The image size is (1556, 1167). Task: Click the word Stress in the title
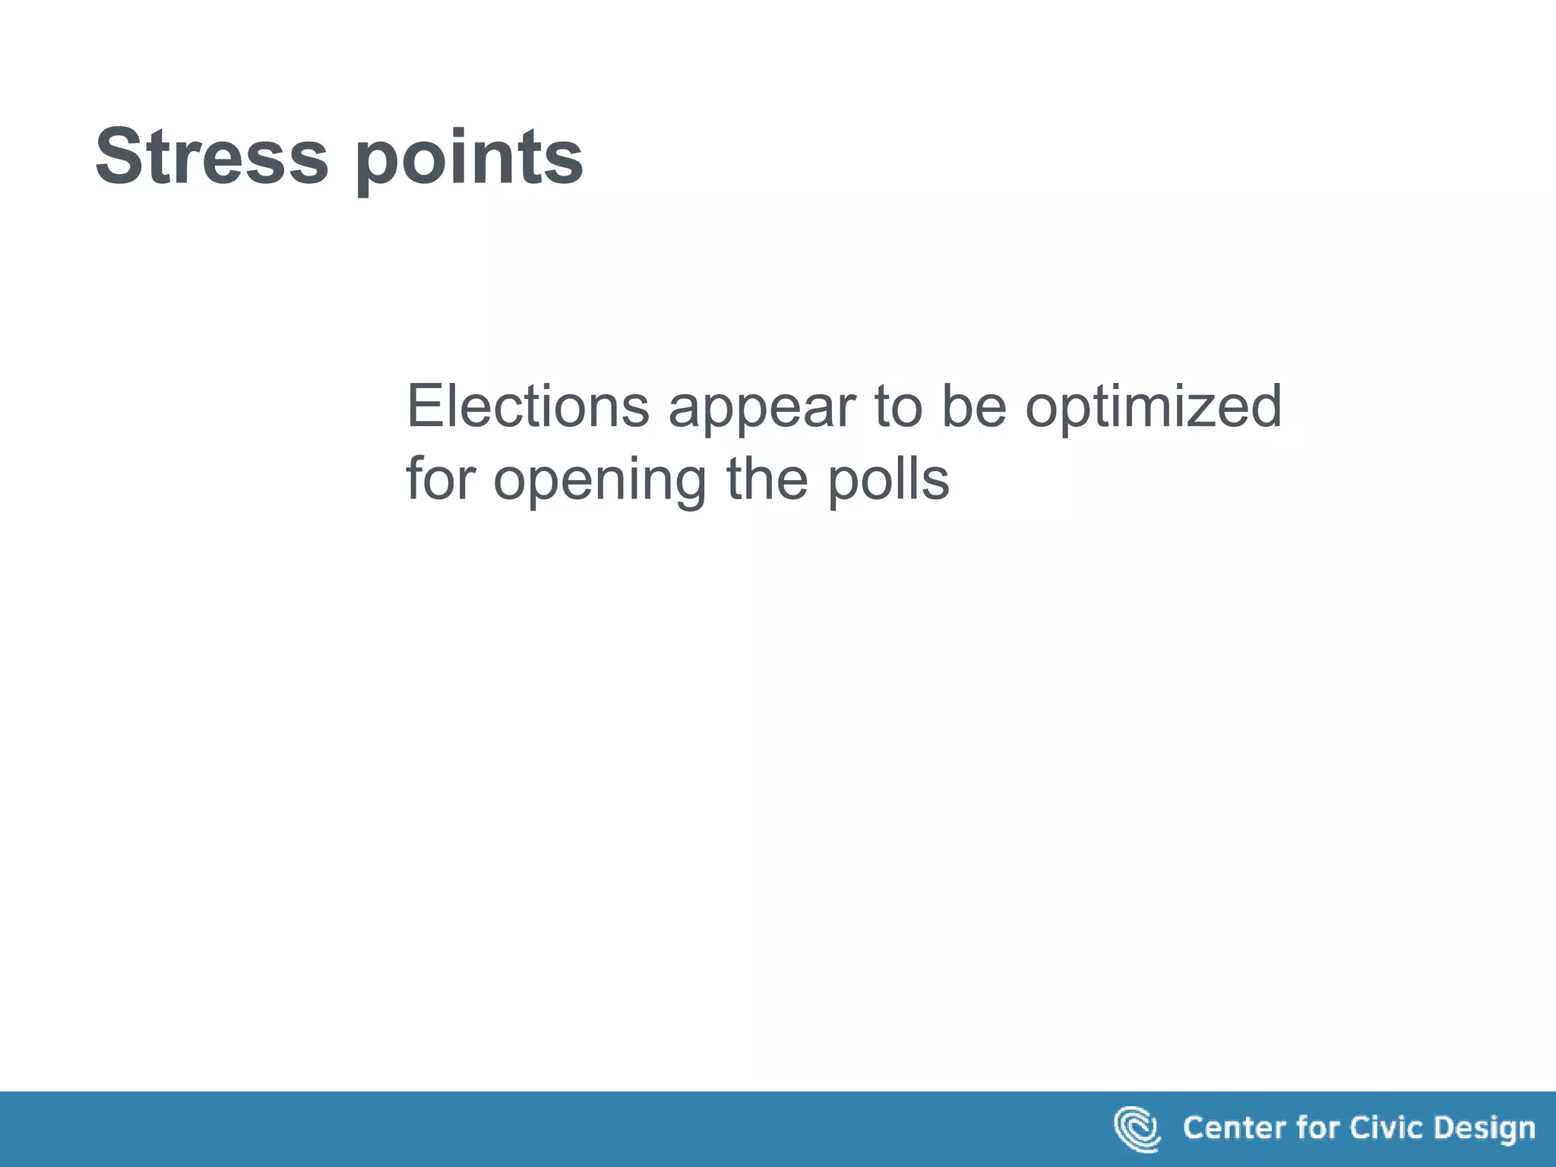212,157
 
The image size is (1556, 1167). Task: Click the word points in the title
469,160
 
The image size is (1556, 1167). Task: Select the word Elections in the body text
528,406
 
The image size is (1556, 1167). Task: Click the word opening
600,483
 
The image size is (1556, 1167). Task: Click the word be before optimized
974,406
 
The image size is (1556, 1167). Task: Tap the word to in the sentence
897,407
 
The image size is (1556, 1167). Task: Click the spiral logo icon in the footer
1137,1129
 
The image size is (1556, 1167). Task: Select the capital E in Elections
422,406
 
